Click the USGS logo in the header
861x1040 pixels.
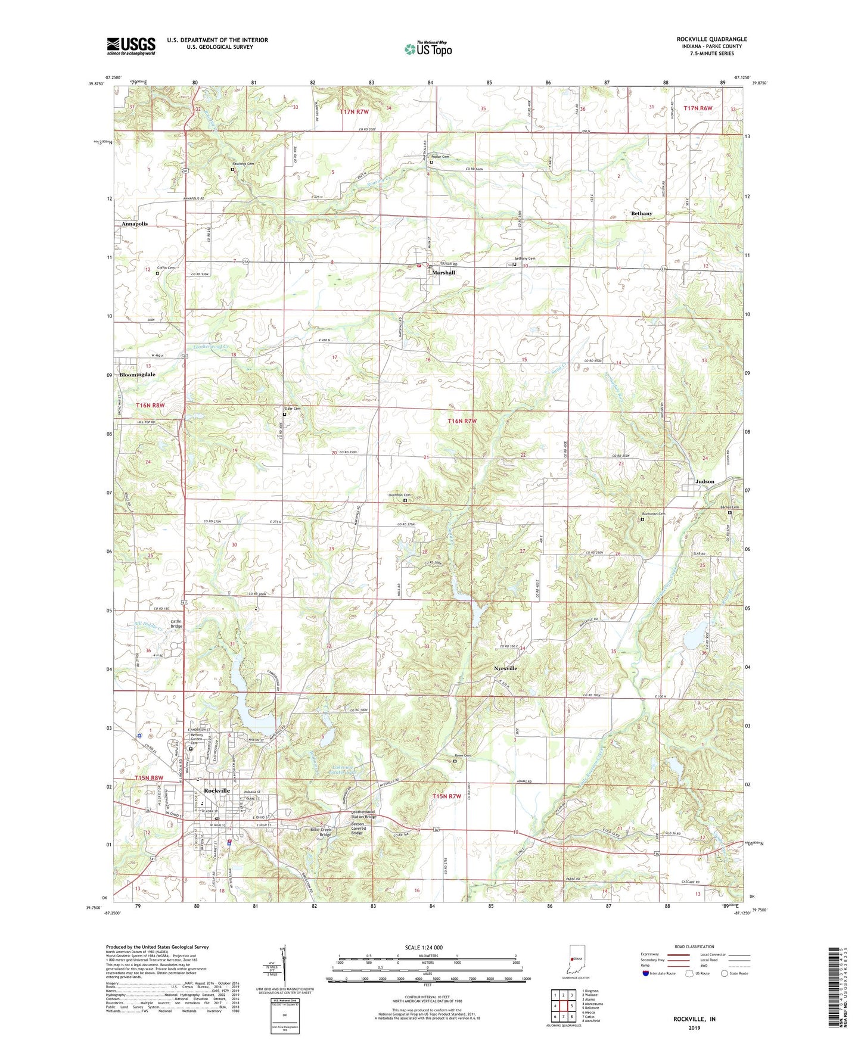coord(131,46)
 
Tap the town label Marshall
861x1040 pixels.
coord(443,273)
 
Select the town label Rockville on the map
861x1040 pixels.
coord(216,790)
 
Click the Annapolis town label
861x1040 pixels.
coord(134,224)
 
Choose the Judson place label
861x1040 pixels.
coord(705,481)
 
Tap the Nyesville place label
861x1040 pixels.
coord(505,668)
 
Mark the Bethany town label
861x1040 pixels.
coord(641,213)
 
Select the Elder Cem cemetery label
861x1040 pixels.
coord(291,409)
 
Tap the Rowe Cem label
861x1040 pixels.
coord(462,756)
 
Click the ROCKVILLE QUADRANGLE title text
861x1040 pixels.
coord(711,39)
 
